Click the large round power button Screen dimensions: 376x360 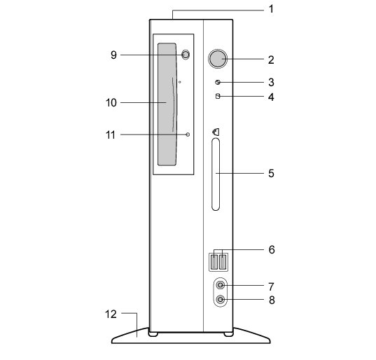tap(218, 59)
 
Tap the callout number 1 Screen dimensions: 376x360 tap(271, 9)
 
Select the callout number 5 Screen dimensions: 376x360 tap(271, 173)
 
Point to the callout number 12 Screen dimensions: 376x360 tap(111, 314)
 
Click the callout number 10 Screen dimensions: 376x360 tap(111, 103)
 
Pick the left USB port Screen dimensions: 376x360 tap(214, 262)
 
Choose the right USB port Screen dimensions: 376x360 tap(223, 262)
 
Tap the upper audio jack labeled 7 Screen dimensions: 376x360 tap(220, 286)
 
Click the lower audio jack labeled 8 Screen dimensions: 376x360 tap(220, 300)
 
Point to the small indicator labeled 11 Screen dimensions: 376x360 tap(188, 134)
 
